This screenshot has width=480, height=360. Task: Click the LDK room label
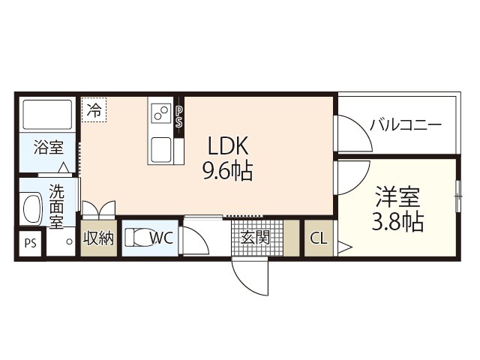tap(228, 145)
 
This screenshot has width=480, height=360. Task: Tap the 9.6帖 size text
tap(228, 171)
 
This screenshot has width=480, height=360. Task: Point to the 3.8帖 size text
tap(397, 221)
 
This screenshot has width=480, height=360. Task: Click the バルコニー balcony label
tap(406, 125)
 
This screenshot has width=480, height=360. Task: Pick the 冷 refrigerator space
tap(94, 110)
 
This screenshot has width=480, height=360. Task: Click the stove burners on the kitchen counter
tap(161, 113)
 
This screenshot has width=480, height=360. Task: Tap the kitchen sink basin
tap(161, 150)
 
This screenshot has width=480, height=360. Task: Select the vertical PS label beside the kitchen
tap(178, 117)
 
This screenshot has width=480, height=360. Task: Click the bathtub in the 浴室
tap(47, 115)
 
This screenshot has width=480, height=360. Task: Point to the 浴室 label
tap(48, 147)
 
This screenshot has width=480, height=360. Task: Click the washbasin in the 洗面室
tap(31, 208)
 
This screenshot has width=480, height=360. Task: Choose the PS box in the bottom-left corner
tap(30, 244)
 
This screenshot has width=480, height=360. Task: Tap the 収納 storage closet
tap(99, 238)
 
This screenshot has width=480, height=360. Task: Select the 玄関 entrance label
tap(255, 238)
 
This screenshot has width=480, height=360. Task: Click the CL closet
tap(319, 238)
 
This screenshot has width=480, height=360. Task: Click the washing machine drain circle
tap(70, 241)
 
